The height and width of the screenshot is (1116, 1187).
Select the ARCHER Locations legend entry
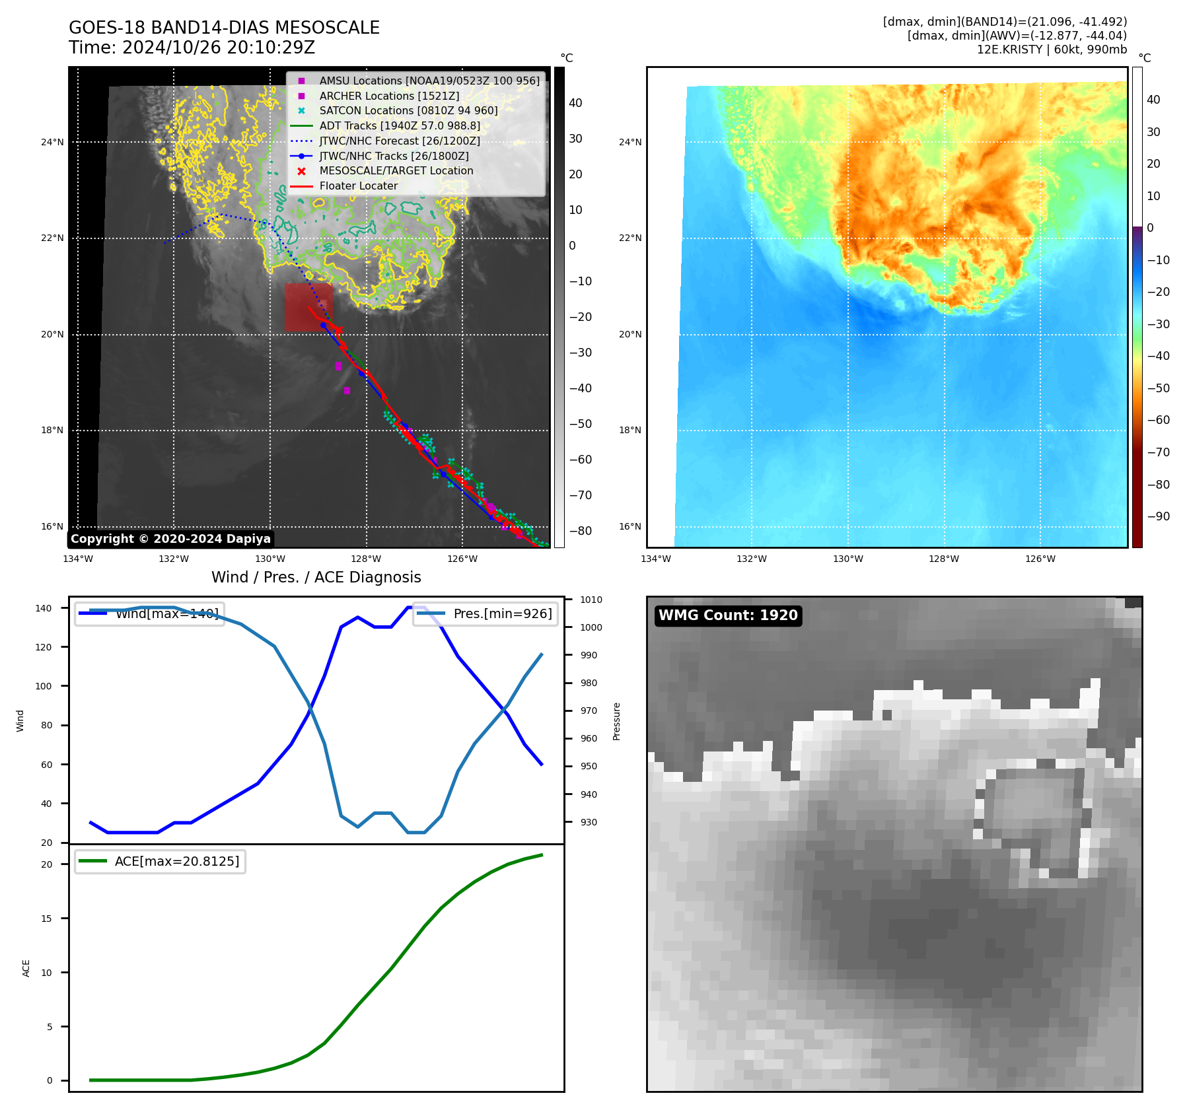pos(389,96)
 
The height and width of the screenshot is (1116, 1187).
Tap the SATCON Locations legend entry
pos(408,111)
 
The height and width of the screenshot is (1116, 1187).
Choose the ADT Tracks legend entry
pos(400,125)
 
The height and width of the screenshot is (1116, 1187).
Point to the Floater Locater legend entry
pos(358,186)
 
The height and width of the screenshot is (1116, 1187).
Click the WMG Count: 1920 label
pos(728,615)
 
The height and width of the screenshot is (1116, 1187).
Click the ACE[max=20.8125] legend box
pos(161,862)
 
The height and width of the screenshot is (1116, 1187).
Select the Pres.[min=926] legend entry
pos(486,613)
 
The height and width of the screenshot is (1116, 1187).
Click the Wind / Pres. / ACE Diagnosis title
pos(316,577)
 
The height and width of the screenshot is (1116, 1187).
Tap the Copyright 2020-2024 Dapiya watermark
pos(170,539)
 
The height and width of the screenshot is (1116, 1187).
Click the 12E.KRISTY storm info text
pos(1052,50)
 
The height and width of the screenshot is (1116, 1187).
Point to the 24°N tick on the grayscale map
pos(53,142)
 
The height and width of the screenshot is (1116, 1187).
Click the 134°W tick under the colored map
pos(655,559)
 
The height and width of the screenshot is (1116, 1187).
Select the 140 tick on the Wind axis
pos(44,608)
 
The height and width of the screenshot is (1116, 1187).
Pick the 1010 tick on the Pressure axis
pos(591,600)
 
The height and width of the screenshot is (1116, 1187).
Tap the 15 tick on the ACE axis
pos(46,919)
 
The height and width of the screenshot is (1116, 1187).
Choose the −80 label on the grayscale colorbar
pos(581,531)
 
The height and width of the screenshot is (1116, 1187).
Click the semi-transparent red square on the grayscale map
pos(308,307)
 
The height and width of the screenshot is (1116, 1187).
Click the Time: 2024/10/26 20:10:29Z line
pos(192,48)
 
